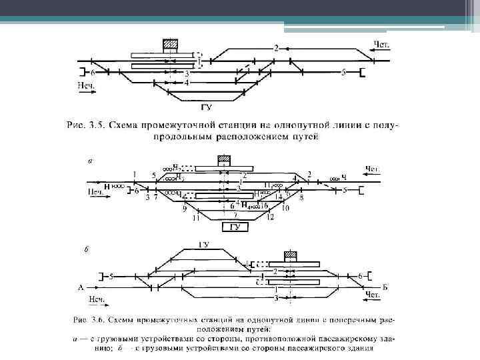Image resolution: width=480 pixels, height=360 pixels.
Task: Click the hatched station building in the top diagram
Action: tap(171, 45)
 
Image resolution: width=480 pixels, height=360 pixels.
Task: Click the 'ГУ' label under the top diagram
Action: tap(207, 106)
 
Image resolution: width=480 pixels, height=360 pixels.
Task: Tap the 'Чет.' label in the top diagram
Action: tap(381, 45)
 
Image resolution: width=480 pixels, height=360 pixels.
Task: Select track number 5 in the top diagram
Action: tap(343, 72)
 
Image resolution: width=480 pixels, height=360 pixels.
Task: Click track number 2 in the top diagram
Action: tap(277, 48)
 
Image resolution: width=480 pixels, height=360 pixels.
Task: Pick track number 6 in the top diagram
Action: tap(93, 72)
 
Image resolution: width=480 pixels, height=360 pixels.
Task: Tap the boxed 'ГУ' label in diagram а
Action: tap(235, 227)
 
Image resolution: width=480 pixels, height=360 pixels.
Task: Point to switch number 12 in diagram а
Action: tap(270, 217)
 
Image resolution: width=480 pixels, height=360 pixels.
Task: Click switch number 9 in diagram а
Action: tap(185, 209)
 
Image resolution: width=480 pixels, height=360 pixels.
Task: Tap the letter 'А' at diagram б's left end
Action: tap(81, 288)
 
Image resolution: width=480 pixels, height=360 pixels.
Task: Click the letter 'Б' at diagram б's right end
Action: tap(385, 288)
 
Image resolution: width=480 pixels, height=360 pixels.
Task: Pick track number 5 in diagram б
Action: tap(112, 275)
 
